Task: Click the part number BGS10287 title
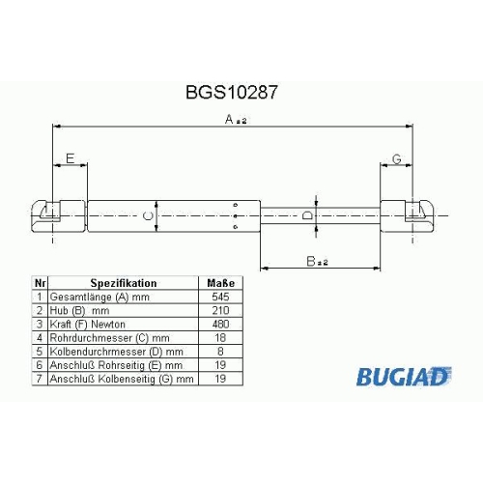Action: point(231,93)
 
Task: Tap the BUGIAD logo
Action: point(404,376)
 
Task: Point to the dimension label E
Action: point(70,158)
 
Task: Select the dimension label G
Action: point(397,159)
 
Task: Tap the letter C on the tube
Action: point(148,215)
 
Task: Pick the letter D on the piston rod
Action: point(307,215)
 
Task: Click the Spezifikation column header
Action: point(124,283)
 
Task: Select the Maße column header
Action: point(220,283)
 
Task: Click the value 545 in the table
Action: point(220,297)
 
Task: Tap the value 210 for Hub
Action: point(220,310)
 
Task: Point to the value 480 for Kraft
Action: point(220,324)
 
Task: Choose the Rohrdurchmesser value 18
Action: point(220,338)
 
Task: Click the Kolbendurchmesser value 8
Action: point(220,352)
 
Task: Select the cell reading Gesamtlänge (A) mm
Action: point(99,297)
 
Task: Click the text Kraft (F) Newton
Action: point(87,325)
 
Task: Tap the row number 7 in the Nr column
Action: point(40,379)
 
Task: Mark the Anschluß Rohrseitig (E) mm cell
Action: point(116,365)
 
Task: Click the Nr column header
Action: point(40,283)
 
